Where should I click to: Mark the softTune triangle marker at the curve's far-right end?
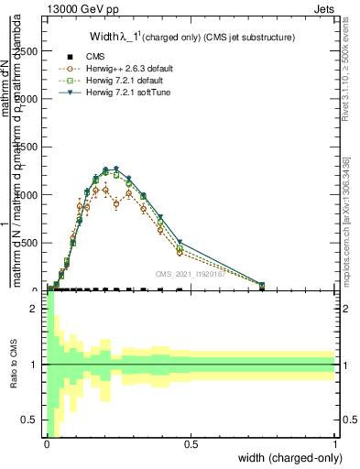click(262, 285)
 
